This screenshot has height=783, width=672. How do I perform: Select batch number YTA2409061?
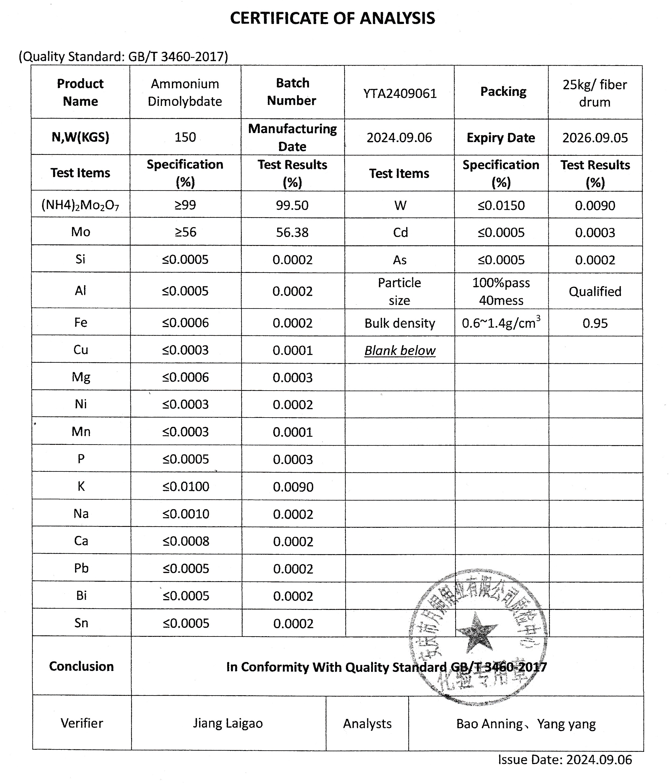(400, 93)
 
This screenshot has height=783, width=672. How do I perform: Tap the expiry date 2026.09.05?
(595, 137)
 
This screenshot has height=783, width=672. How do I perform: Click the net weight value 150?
(185, 137)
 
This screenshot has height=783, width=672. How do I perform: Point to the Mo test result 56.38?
(292, 232)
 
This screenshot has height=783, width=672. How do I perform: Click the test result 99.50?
(292, 205)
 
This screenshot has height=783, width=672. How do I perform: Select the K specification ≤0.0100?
(186, 486)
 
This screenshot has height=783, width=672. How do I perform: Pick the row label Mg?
(81, 377)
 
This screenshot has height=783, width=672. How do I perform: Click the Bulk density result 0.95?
(595, 323)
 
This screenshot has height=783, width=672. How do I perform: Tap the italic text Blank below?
(400, 350)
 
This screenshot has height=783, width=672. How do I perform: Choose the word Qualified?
(595, 291)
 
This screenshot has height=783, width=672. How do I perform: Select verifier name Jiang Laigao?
(228, 723)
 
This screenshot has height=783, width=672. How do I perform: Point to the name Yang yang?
(566, 724)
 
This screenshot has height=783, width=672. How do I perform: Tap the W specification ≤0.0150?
(501, 205)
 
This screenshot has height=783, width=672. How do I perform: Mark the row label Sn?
(81, 623)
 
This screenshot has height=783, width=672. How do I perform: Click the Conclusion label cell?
(81, 666)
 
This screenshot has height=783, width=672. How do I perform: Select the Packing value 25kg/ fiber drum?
(595, 93)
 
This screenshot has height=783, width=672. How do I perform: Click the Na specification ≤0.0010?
(186, 513)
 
